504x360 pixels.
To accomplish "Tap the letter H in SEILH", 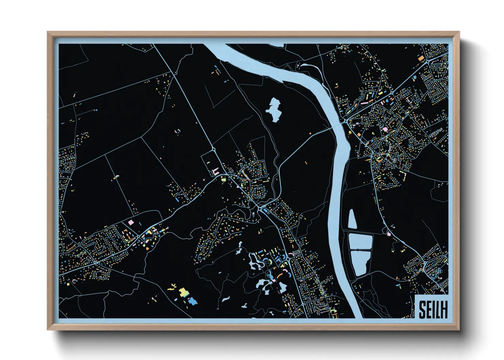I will point(443,310).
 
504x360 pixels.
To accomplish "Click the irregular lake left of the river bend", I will point(274,109).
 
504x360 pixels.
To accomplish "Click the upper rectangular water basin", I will point(360,241).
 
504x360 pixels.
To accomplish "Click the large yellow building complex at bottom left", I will point(184,292).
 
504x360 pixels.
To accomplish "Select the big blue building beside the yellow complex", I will point(192,301).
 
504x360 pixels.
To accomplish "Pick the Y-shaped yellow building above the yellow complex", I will point(173,287).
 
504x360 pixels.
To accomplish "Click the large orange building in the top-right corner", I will point(421,58).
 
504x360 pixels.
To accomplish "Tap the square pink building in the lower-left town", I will point(130,222).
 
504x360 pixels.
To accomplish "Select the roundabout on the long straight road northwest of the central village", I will point(214,149).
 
